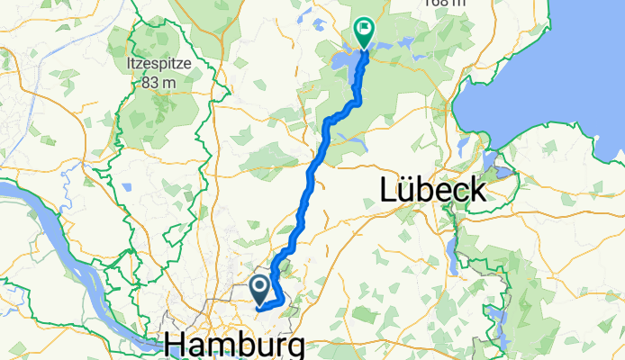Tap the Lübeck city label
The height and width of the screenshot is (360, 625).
tap(433, 189)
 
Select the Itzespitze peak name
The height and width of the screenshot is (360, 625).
tap(150, 66)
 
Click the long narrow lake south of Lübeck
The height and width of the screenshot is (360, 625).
tap(448, 261)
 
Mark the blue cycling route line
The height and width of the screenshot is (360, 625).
tap(312, 180)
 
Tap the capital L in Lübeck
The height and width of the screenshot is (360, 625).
tap(386, 189)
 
